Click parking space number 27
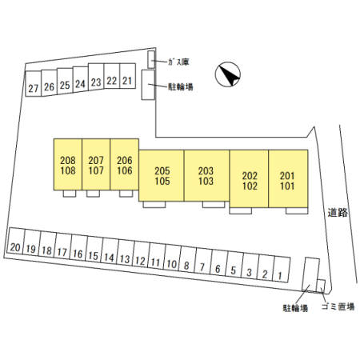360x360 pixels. pos(34,84)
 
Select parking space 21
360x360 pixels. pos(128,76)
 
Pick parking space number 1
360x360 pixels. pos(281,269)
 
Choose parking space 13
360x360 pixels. pos(125,254)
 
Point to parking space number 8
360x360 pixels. pos(187,261)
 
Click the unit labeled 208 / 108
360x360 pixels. pos(68,164)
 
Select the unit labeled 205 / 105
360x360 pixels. pos(162,175)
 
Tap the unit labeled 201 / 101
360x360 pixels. pos(288,178)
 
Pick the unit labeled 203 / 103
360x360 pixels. pos(206,175)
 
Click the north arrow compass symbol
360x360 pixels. pos(228,74)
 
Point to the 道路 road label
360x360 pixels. pos(338,213)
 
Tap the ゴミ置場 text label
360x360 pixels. pos(338,306)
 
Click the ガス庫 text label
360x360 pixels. pos(178,62)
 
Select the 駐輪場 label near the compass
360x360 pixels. pos(180,87)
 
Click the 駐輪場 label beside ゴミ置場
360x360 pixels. pos(295,308)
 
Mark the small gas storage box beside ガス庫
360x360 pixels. pos(151,59)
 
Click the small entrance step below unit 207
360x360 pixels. pos(93,194)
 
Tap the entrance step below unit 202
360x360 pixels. pos(241,210)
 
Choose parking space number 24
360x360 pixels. pos(81,80)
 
